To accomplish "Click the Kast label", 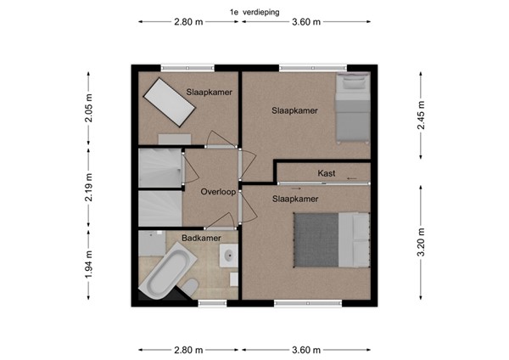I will [x=327, y=173].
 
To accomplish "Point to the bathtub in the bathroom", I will [x=167, y=273].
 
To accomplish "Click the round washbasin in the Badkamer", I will [x=229, y=255].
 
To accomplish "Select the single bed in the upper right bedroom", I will [x=353, y=106].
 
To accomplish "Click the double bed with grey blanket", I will [x=332, y=239].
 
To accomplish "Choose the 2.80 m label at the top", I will [x=188, y=23].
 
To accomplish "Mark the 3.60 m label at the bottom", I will [x=305, y=350].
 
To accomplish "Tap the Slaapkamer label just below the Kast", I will [x=295, y=199].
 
